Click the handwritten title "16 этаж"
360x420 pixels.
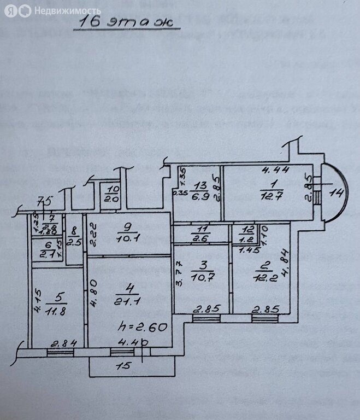(x=125, y=22)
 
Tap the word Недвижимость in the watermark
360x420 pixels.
(x=67, y=10)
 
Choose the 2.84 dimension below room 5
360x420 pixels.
(x=63, y=343)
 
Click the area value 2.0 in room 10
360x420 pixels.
(x=112, y=198)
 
